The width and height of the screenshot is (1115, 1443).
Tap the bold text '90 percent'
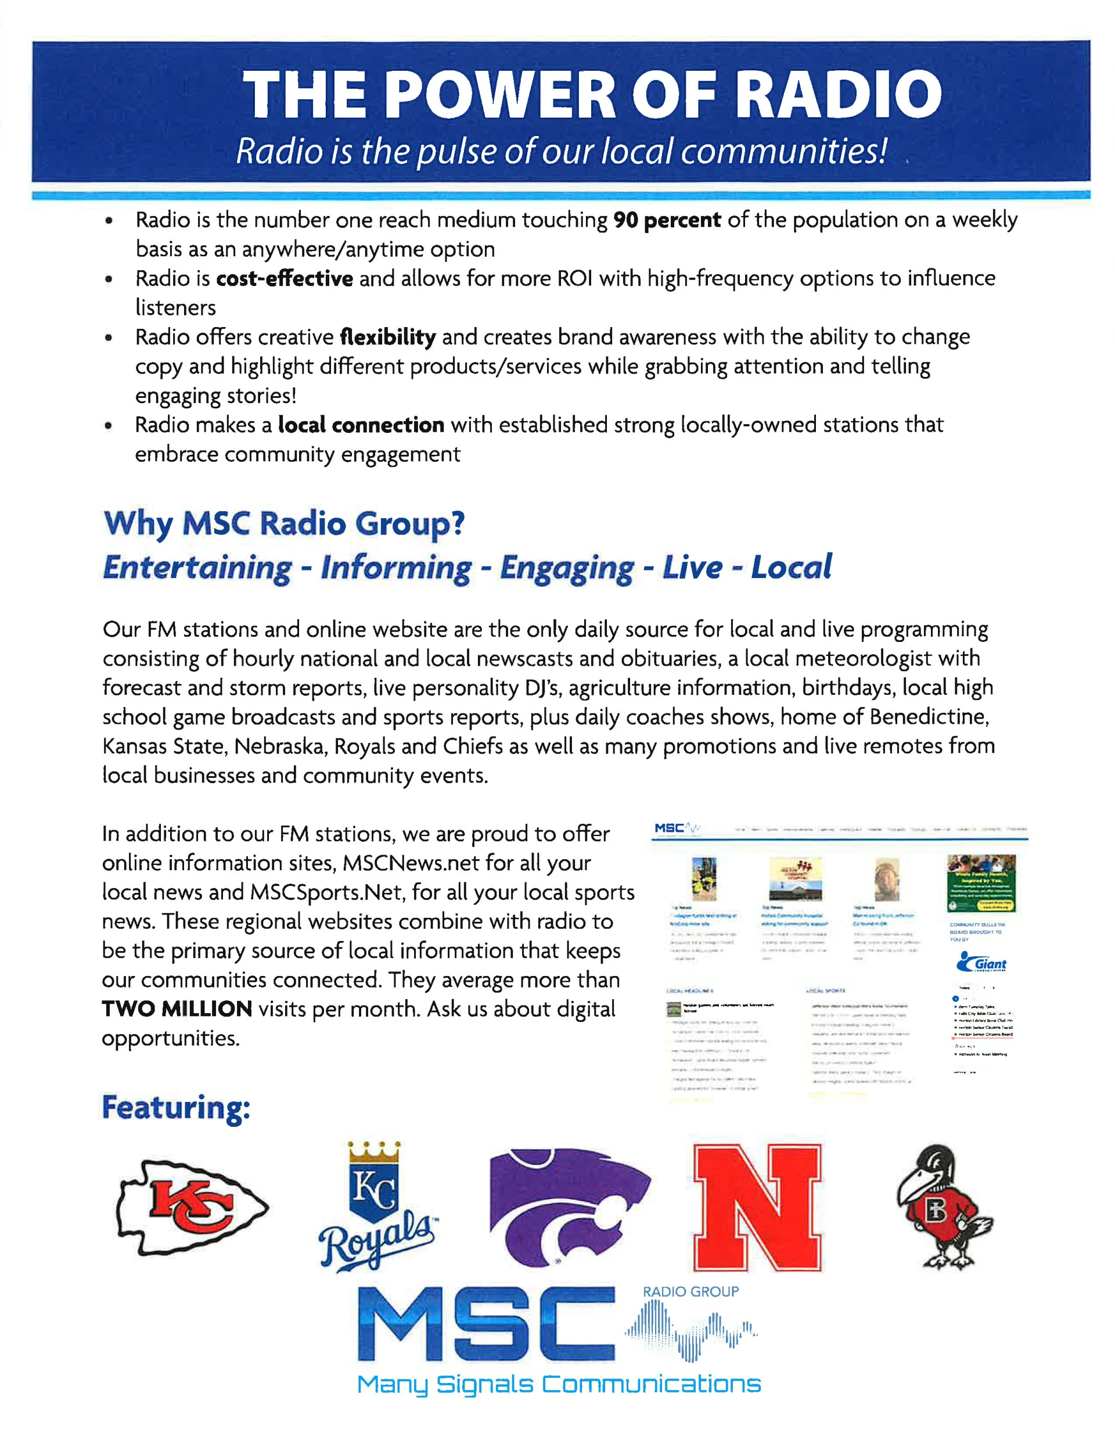(667, 220)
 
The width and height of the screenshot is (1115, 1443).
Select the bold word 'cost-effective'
(284, 279)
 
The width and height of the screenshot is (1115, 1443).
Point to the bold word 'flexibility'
(388, 337)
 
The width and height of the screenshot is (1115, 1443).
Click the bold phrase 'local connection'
(361, 425)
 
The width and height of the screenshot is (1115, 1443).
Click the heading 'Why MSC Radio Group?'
(284, 523)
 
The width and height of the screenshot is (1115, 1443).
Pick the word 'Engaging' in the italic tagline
(567, 568)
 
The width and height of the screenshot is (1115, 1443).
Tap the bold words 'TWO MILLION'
(177, 1009)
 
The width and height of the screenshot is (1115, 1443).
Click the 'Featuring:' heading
(176, 1107)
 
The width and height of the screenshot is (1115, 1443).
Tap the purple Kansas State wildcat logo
(569, 1207)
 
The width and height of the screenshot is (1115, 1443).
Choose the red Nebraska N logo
(757, 1207)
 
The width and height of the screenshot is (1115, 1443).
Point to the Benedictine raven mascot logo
(943, 1207)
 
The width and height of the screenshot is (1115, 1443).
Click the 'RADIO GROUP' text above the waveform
(690, 1292)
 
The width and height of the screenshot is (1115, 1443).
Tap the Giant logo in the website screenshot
(981, 964)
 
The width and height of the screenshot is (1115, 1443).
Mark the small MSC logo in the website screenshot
(670, 828)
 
